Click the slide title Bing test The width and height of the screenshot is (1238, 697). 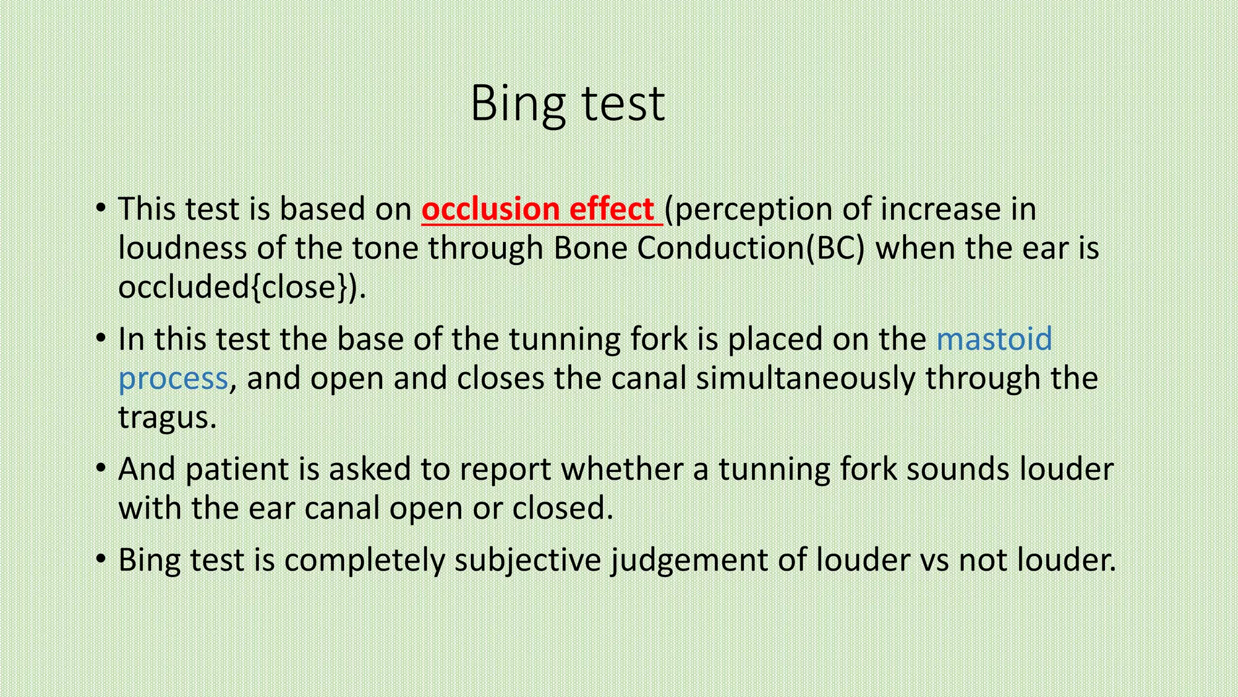[x=568, y=104]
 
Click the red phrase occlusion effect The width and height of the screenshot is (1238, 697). [x=538, y=209]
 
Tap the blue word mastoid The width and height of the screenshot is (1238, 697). [x=994, y=339]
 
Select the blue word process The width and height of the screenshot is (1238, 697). [x=173, y=379]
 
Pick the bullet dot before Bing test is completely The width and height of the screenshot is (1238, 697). [x=101, y=560]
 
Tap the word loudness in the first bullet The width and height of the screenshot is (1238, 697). [x=182, y=248]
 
